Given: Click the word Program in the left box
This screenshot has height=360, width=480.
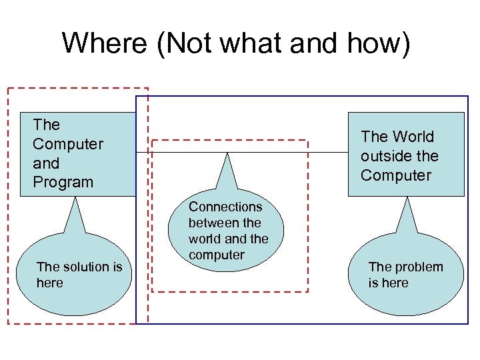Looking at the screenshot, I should (63, 182).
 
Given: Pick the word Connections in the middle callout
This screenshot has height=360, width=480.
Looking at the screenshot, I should (225, 207).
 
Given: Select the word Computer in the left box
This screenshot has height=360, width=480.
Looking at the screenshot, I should (67, 144).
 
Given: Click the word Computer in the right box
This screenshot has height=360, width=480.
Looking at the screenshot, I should (396, 175).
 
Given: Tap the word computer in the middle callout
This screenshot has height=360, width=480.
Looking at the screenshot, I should (216, 255).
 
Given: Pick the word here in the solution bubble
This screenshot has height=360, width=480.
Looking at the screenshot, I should (50, 283).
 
